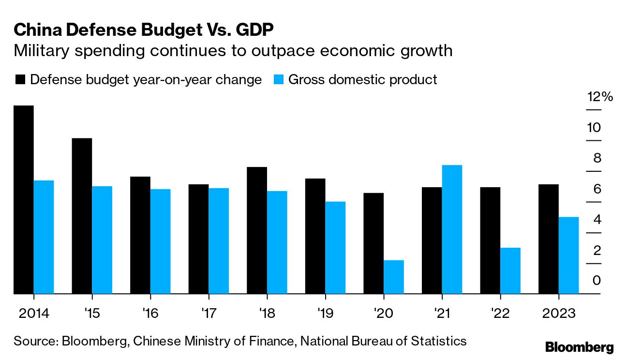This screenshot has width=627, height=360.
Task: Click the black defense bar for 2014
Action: pos(24,199)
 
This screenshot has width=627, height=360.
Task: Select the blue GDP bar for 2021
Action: pos(452,229)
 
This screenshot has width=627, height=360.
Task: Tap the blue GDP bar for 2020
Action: pos(393,277)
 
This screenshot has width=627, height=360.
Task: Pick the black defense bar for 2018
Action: pos(257,230)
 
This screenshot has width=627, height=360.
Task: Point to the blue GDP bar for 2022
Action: pos(510,270)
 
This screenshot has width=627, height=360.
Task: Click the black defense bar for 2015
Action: pos(82,216)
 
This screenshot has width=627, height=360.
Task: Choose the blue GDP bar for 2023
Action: pos(568,255)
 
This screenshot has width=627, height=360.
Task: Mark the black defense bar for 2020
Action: pos(373,243)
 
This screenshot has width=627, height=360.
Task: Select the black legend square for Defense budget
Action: pos(20,80)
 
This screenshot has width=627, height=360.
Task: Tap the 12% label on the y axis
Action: pos(600,97)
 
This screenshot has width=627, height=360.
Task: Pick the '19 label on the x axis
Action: pos(325,313)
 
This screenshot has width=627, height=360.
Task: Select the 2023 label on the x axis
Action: pos(558,313)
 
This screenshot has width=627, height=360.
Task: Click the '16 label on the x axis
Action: pos(150,313)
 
